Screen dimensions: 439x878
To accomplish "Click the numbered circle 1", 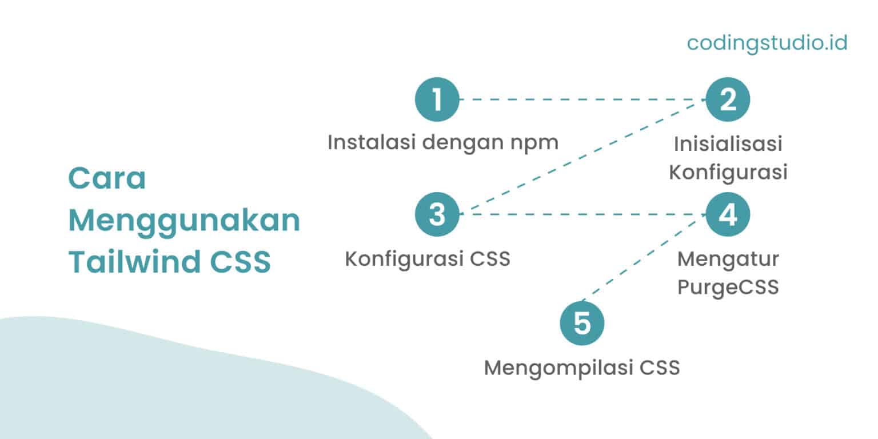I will [x=437, y=99].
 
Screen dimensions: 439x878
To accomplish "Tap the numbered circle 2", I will [x=728, y=99].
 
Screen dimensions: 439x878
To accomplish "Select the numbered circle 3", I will [x=437, y=214].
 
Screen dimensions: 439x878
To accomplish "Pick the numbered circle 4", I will [x=728, y=214].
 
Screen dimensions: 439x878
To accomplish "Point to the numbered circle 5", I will [x=582, y=324].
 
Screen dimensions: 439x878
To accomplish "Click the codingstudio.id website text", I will [x=767, y=43].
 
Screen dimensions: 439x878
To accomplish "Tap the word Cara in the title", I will [x=107, y=179].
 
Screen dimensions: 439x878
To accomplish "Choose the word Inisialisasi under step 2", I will [x=728, y=144].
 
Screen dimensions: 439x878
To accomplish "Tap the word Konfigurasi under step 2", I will [x=728, y=172].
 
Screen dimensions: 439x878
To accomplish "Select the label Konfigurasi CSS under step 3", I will [x=428, y=259].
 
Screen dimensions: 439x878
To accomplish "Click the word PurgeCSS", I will [x=728, y=287].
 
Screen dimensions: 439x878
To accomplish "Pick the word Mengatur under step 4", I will [x=728, y=259].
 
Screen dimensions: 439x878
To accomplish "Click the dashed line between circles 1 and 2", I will [x=582, y=99].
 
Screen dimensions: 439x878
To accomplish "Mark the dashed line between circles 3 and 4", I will [x=582, y=214].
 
